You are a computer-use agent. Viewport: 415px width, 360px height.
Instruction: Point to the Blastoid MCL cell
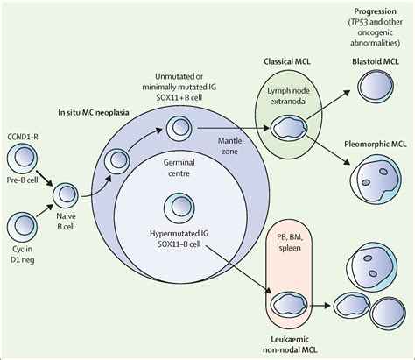(x=363, y=85)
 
